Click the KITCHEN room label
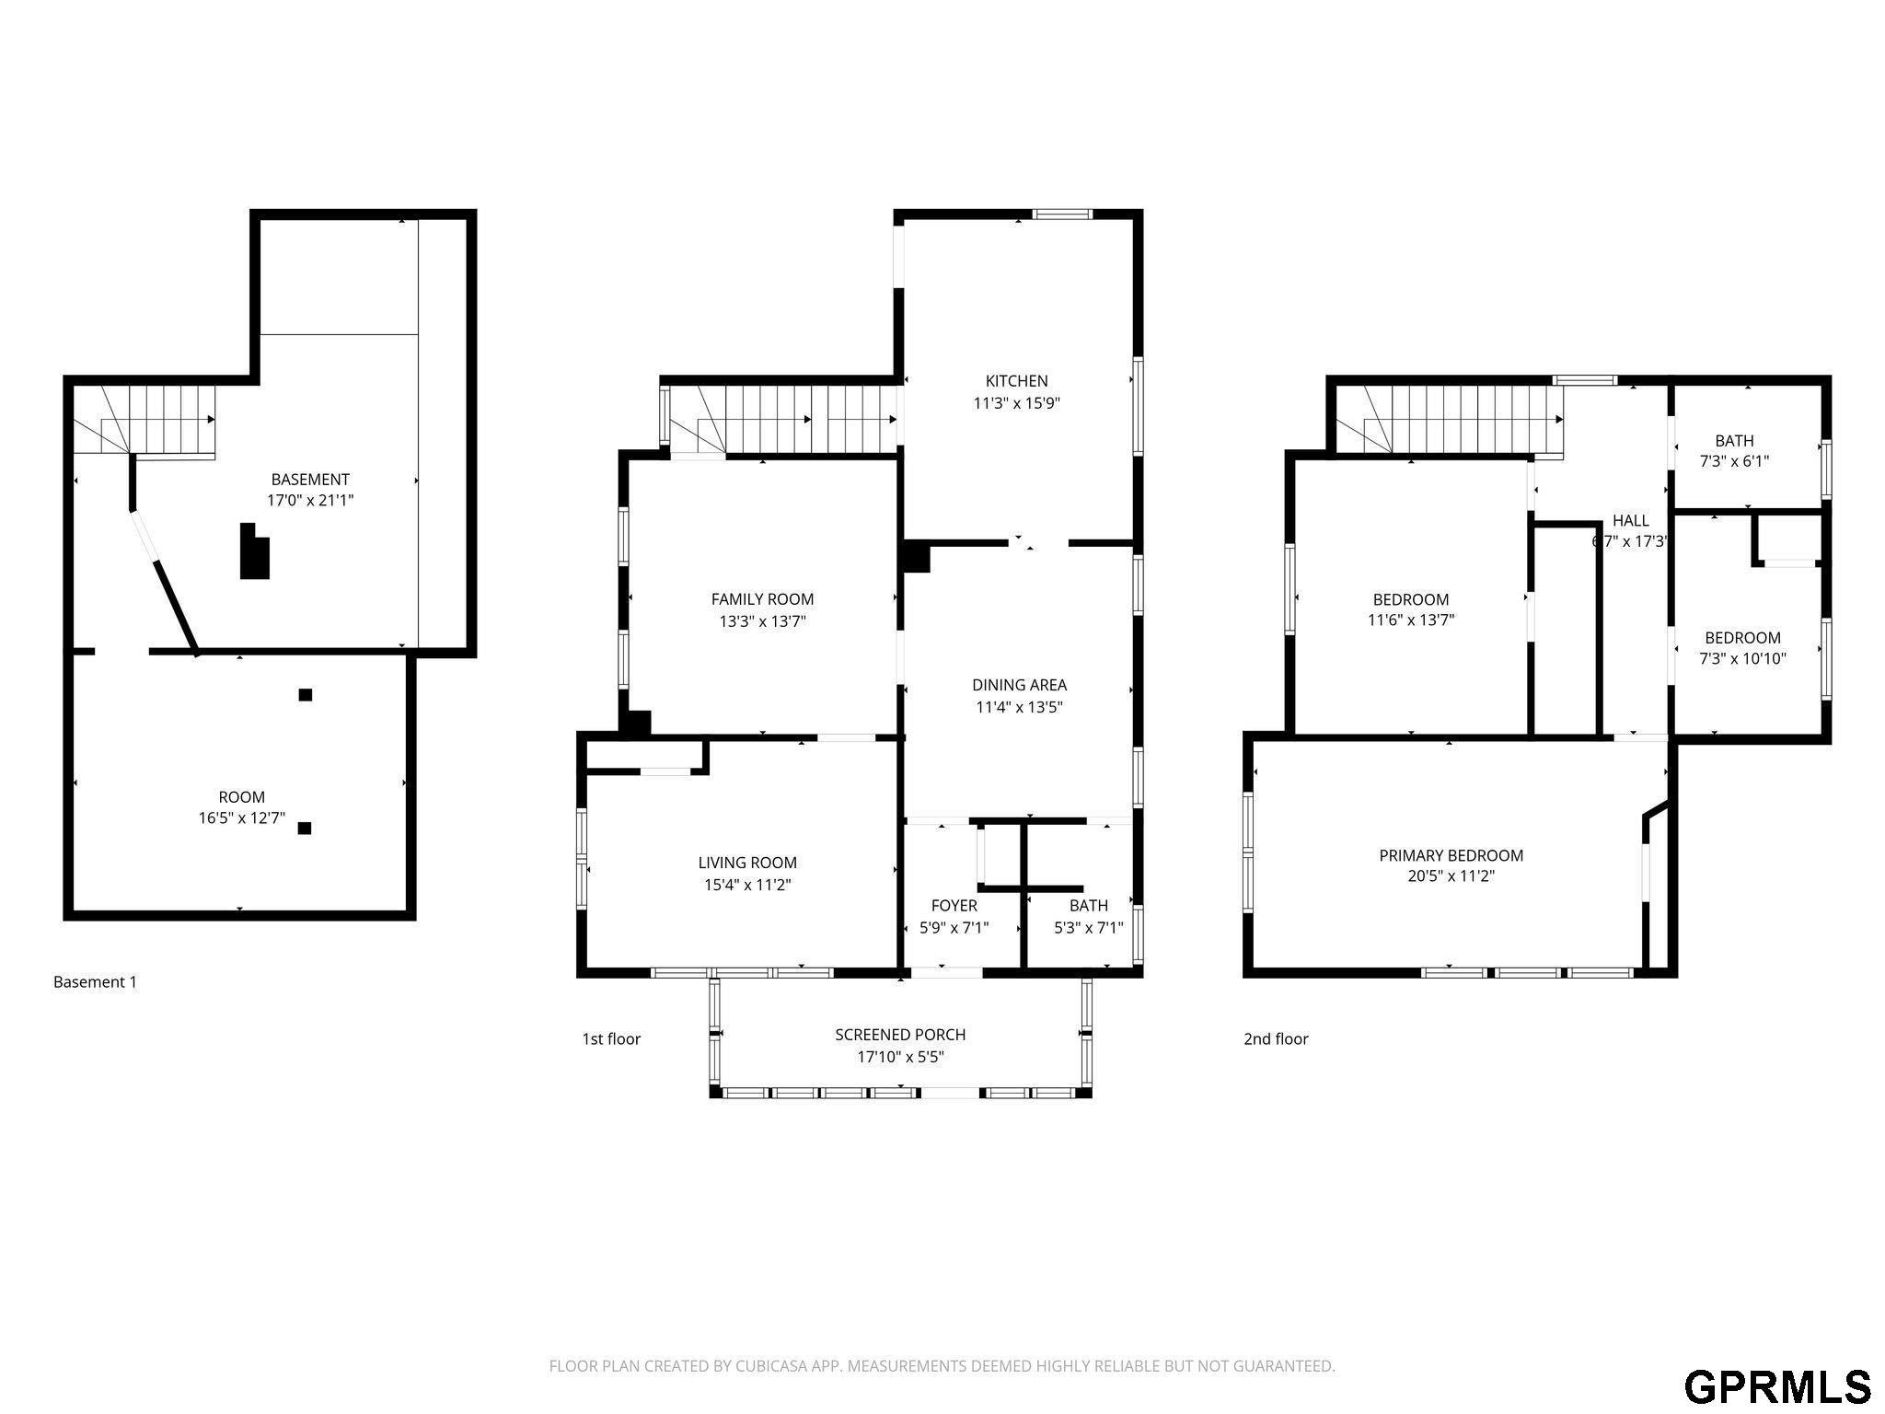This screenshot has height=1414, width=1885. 1016,381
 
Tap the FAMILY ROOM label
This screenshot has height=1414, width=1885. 762,599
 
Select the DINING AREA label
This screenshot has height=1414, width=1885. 1019,685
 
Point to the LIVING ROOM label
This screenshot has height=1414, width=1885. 747,863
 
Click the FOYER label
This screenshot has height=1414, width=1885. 954,906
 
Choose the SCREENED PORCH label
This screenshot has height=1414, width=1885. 900,1035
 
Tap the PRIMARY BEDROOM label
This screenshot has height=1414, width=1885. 1451,855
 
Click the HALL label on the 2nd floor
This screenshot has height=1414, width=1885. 1630,520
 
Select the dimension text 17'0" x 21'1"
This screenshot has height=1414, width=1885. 310,501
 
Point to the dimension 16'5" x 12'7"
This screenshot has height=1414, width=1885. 242,817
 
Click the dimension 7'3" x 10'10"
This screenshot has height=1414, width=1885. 1742,659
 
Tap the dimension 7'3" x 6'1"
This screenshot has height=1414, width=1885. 1734,461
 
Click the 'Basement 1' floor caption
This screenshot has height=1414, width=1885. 95,982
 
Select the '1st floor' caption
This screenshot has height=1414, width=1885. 611,1039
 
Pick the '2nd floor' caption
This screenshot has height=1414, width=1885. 1276,1039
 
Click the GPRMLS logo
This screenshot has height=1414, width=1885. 1777,1385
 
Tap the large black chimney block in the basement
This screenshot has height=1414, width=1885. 254,551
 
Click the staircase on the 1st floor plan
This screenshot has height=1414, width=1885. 783,420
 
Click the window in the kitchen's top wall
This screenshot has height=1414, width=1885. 1062,214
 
